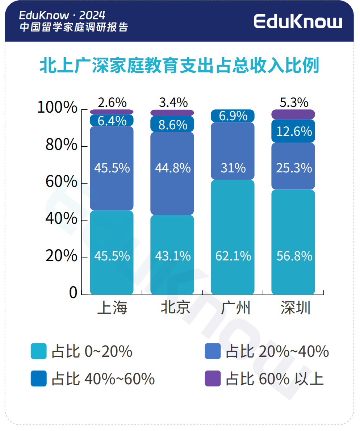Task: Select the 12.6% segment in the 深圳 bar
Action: tap(293, 131)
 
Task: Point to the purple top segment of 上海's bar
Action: tap(112, 112)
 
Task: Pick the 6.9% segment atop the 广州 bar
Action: tap(233, 116)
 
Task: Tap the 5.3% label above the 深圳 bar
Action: tap(294, 102)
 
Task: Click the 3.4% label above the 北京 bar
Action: tap(173, 102)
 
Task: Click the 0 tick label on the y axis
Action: tap(73, 293)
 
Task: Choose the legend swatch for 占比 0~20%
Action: tap(39, 351)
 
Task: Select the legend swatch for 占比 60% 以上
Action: tap(213, 378)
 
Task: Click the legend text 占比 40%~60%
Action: tap(103, 379)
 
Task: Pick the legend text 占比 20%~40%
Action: tap(277, 351)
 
